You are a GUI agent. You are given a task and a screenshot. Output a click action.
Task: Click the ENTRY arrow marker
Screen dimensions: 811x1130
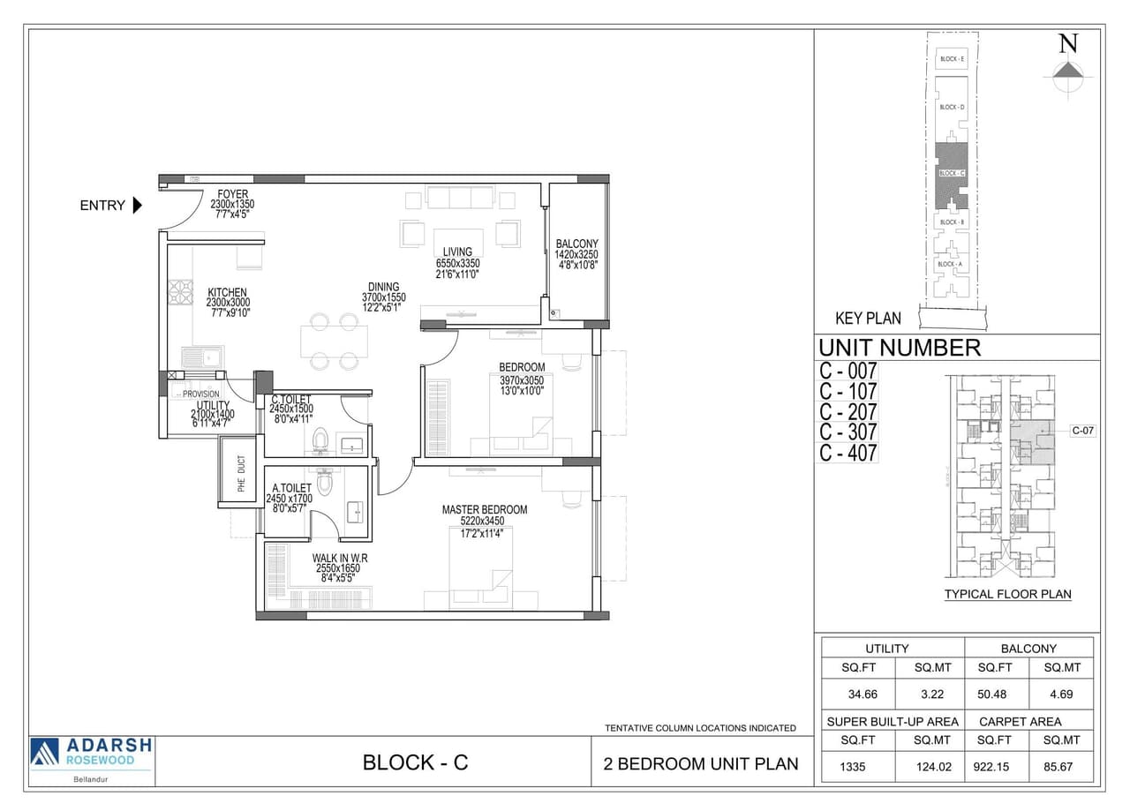tap(137, 206)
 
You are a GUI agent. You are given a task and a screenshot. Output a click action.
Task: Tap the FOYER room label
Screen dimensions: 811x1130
tap(232, 194)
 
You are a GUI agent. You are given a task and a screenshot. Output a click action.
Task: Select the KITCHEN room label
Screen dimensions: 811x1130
tap(227, 292)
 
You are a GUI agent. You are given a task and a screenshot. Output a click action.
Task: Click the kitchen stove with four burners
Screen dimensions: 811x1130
tap(181, 292)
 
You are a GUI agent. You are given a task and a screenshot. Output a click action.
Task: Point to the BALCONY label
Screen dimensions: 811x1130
tap(576, 244)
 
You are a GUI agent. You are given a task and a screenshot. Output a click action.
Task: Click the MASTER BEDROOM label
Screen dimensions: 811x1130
tap(485, 510)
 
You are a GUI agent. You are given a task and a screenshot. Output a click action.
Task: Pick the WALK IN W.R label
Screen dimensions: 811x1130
tap(339, 559)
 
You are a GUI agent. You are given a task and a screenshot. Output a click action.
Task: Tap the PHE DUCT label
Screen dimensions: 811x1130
tap(241, 473)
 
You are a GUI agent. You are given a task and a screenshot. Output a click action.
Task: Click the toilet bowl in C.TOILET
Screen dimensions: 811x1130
tap(321, 439)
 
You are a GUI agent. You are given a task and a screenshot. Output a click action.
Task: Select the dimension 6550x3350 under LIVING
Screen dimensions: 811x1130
tap(457, 263)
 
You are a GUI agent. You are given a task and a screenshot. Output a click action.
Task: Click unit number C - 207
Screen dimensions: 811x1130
tap(847, 412)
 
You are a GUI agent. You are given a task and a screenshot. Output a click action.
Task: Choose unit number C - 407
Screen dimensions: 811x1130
tap(847, 454)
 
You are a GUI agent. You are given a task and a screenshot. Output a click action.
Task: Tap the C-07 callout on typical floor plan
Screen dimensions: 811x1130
tap(1082, 431)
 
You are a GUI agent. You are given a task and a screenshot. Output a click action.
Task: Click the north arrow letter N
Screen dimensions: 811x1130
tap(1068, 43)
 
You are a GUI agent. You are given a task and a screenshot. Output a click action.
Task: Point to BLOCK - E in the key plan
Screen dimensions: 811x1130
tap(952, 59)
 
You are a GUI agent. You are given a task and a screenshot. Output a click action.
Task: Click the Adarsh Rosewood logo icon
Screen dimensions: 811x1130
tap(44, 752)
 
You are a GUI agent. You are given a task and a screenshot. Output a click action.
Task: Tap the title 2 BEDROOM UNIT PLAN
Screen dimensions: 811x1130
tap(702, 763)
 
